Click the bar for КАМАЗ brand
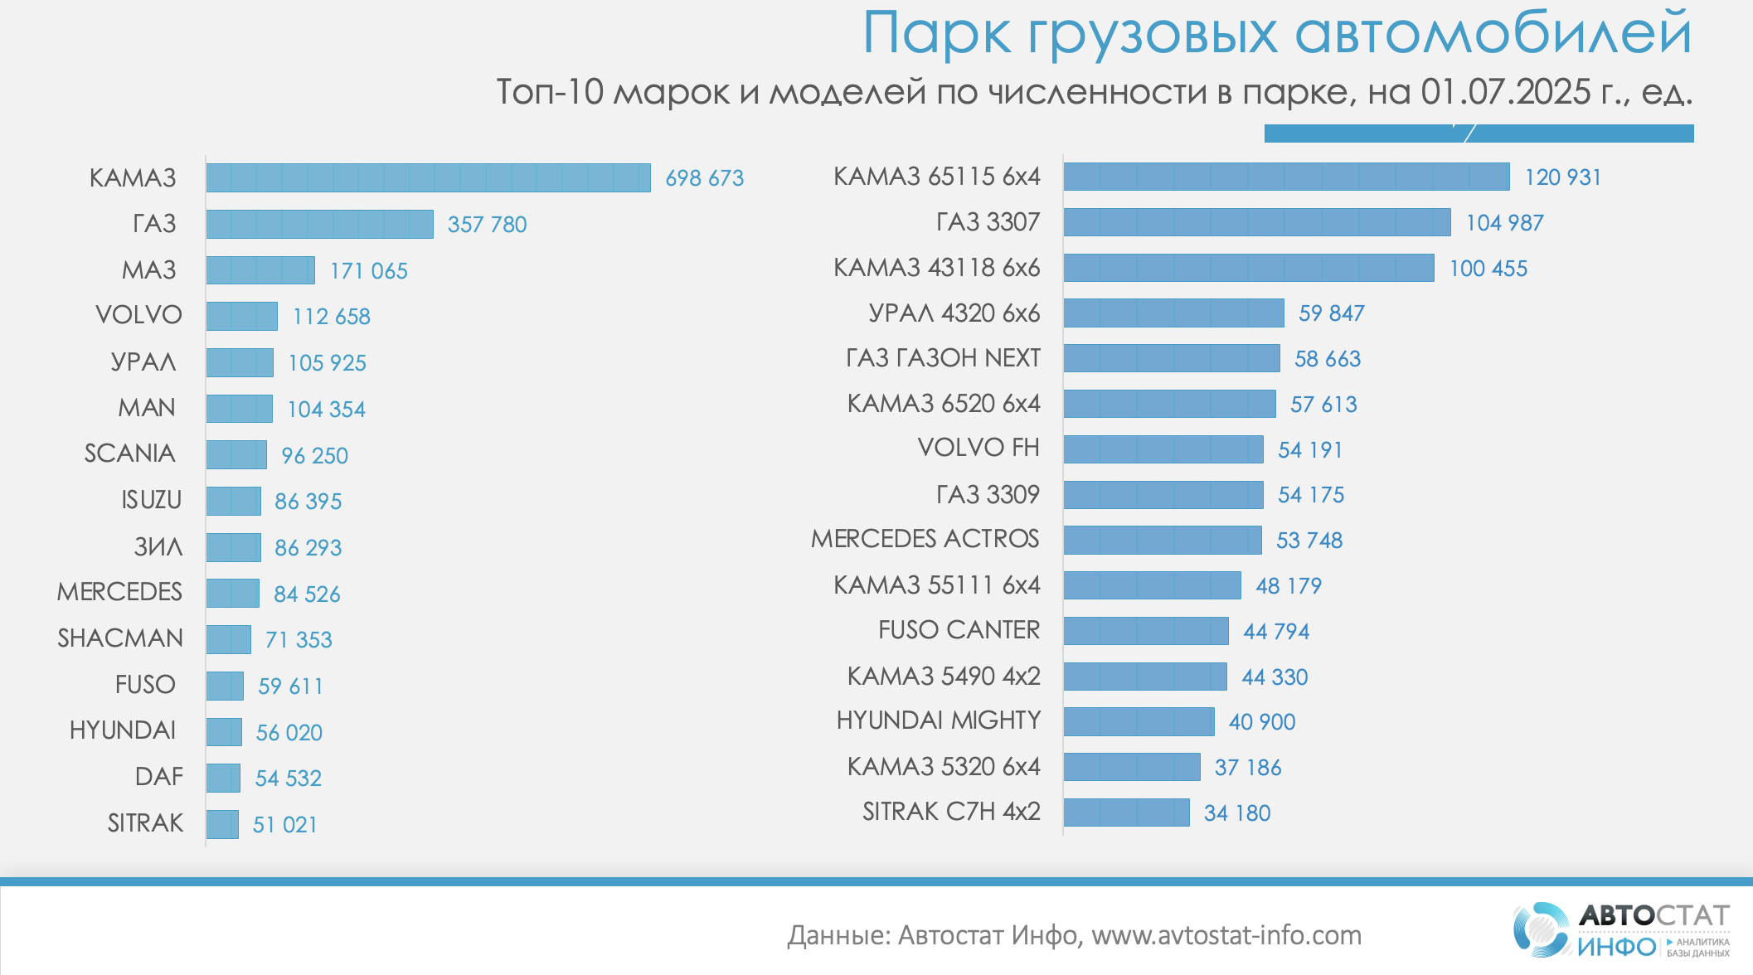coord(428,178)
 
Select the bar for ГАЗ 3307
coord(1256,222)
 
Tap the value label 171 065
coord(369,271)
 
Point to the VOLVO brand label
coord(138,315)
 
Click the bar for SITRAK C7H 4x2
coord(1126,812)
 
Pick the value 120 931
coord(1562,177)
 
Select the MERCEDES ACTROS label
coord(925,539)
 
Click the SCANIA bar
coord(236,454)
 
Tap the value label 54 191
coord(1310,450)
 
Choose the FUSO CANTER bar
coord(1145,631)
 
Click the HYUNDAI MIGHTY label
coord(938,720)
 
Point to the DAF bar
coord(223,778)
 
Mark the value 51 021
coord(285,825)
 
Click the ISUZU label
coord(151,500)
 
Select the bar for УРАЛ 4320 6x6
coord(1173,313)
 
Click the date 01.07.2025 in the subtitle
coord(1505,92)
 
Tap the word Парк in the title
coord(936,35)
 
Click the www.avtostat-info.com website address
coord(1226,935)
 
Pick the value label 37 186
coord(1247,768)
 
